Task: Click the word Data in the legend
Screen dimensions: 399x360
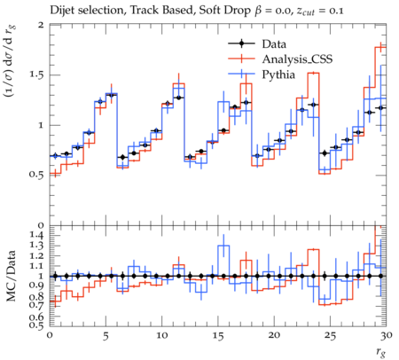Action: point(274,44)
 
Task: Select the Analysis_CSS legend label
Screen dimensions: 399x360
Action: point(297,59)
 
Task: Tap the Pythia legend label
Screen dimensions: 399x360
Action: point(278,74)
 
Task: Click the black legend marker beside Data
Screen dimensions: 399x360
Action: point(241,43)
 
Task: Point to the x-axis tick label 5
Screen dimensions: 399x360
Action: point(106,336)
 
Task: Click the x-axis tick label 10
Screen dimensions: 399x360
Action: point(162,336)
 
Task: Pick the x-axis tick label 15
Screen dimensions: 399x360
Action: point(218,336)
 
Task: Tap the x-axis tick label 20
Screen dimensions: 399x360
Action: point(274,336)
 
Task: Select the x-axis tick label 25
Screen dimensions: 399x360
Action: point(330,336)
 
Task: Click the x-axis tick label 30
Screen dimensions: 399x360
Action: point(386,336)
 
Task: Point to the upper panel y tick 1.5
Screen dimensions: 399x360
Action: point(36,74)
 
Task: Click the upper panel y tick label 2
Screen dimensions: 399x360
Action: point(41,25)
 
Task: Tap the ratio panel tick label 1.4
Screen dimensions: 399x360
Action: point(36,236)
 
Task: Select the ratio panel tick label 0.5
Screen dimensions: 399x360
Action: point(36,325)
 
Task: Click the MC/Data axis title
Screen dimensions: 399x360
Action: point(12,276)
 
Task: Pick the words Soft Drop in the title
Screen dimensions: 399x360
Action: point(224,11)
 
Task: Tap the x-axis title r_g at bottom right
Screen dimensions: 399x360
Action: point(381,352)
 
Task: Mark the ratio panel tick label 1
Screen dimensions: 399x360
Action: point(42,277)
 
